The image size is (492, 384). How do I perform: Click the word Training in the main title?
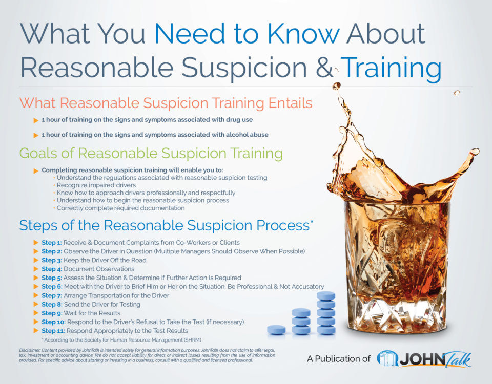click(x=391, y=68)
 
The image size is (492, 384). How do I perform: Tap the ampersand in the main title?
click(x=324, y=68)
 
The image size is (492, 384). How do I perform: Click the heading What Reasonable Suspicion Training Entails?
click(x=166, y=103)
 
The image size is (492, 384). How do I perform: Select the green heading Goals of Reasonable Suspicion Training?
click(x=151, y=153)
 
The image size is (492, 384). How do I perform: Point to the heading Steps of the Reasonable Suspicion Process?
click(x=166, y=225)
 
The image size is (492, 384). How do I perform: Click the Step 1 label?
click(x=51, y=242)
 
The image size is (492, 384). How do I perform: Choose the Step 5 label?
click(x=51, y=278)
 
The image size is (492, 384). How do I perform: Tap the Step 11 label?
click(x=53, y=331)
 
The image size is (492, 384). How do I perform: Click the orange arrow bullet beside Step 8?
click(x=36, y=304)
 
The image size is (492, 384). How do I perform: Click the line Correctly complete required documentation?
click(x=120, y=208)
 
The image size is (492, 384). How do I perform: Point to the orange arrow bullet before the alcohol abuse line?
click(x=36, y=135)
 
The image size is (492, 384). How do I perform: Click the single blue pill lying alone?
click(x=276, y=330)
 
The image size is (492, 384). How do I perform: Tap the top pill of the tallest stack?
click(x=326, y=295)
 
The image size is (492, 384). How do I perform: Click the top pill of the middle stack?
click(x=301, y=312)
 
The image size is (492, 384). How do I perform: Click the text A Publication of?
click(x=338, y=359)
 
